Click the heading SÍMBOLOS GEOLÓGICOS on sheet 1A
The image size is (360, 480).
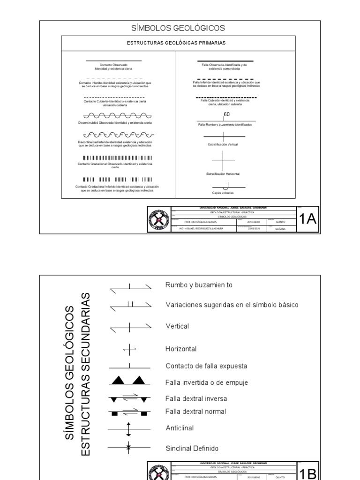[178, 28]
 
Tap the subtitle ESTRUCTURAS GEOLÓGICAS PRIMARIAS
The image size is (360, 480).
[178, 43]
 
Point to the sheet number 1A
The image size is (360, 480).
[307, 219]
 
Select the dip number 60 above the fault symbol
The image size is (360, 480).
[227, 114]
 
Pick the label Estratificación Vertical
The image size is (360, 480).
[223, 145]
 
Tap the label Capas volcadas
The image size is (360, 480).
[223, 193]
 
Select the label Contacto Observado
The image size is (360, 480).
[113, 65]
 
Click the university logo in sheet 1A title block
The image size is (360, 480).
[159, 219]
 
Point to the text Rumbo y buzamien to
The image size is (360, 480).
[199, 285]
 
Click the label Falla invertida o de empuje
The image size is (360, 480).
[207, 382]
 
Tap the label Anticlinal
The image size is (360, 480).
[180, 428]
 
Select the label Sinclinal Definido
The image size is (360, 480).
[192, 448]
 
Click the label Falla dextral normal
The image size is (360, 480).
[196, 412]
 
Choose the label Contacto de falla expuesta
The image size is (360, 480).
[206, 366]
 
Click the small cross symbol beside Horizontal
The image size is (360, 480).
[129, 349]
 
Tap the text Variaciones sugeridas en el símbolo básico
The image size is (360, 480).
[232, 305]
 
